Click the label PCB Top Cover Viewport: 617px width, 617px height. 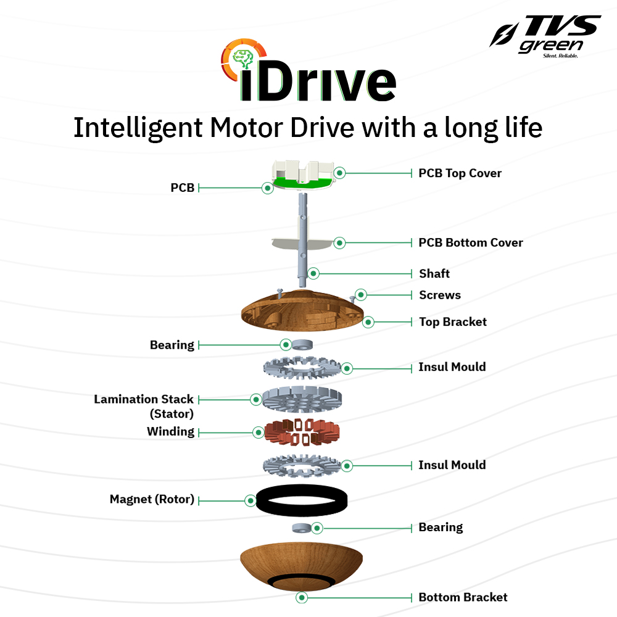(460, 173)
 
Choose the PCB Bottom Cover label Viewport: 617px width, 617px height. (470, 242)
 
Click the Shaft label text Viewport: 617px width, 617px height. (434, 273)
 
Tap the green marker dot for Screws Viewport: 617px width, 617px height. (361, 295)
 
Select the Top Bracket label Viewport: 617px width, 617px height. (452, 321)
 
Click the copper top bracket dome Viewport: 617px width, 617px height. (302, 312)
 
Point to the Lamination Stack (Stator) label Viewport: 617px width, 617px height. (144, 406)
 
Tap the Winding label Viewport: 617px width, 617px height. (170, 431)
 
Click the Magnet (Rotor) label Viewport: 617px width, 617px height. (152, 499)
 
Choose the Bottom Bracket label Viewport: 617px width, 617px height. (463, 597)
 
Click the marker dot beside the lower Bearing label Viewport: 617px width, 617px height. (317, 528)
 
